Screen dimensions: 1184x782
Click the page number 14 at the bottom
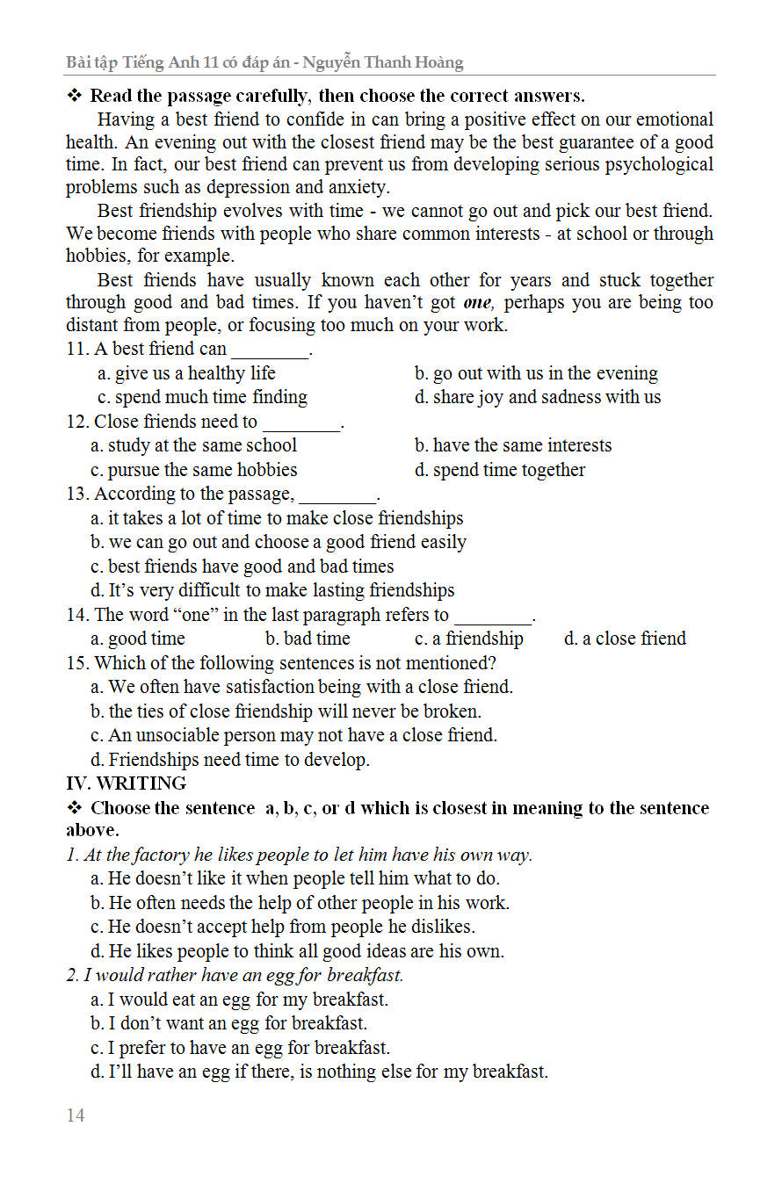pos(76,1115)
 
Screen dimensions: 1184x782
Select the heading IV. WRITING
pos(127,783)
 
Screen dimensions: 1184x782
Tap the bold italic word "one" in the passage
pos(478,303)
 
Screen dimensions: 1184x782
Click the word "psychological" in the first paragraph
pos(656,164)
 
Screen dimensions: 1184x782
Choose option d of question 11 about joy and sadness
pos(538,397)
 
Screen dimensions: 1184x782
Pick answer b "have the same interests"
pos(513,445)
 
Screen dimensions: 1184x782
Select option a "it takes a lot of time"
pos(277,518)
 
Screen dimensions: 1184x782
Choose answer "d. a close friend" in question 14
pos(625,639)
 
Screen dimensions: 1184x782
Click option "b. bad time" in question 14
pos(308,639)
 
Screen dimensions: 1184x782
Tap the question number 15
pos(77,663)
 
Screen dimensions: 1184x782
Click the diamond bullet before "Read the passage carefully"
pos(75,96)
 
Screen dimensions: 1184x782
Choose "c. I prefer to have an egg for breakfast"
pos(240,1048)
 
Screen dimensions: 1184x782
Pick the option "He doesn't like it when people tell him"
pos(294,878)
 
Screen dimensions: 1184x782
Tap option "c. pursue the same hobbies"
pos(193,470)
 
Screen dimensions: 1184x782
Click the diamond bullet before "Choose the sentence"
pos(75,808)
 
